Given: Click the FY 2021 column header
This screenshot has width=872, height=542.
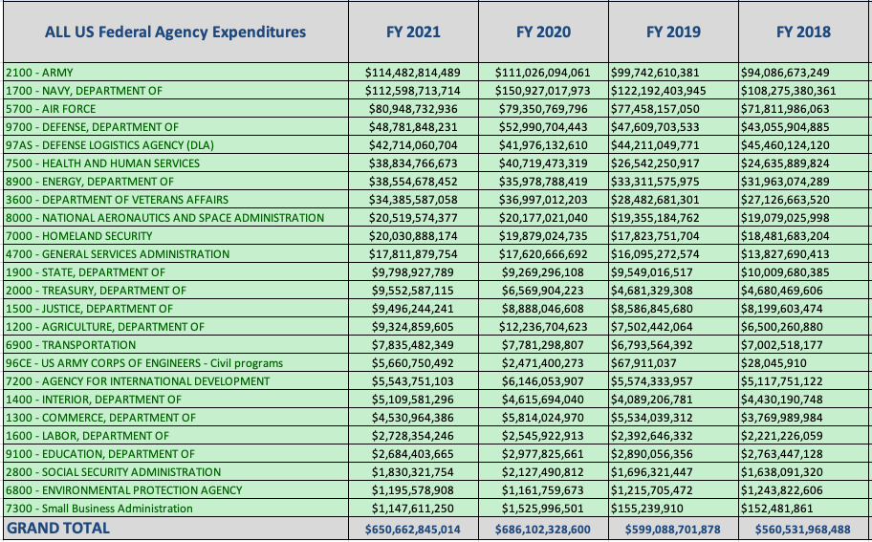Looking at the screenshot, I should [412, 32].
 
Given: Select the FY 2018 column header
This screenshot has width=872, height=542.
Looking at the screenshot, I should [803, 32].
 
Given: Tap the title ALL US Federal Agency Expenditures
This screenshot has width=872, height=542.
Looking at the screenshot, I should [175, 32].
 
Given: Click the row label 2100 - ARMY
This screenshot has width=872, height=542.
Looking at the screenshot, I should [39, 73].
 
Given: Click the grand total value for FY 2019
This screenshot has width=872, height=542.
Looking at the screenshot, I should [672, 529].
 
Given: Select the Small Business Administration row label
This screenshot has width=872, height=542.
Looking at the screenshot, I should [98, 509].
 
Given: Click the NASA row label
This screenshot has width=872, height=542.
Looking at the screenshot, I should [164, 218].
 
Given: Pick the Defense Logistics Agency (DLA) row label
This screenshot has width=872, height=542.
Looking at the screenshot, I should [110, 145].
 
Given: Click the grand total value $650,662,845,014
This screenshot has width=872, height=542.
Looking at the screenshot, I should [412, 529].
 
